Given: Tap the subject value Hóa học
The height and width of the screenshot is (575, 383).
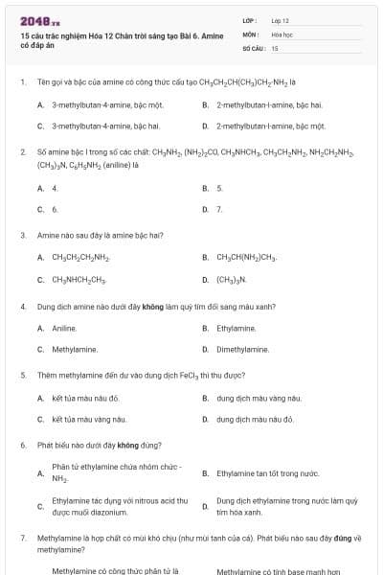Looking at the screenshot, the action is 282,34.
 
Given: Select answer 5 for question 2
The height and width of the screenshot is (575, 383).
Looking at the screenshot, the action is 219,188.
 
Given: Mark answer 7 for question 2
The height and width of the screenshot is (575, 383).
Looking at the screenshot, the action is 219,208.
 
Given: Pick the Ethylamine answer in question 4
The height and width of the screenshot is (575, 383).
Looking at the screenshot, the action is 237,328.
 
